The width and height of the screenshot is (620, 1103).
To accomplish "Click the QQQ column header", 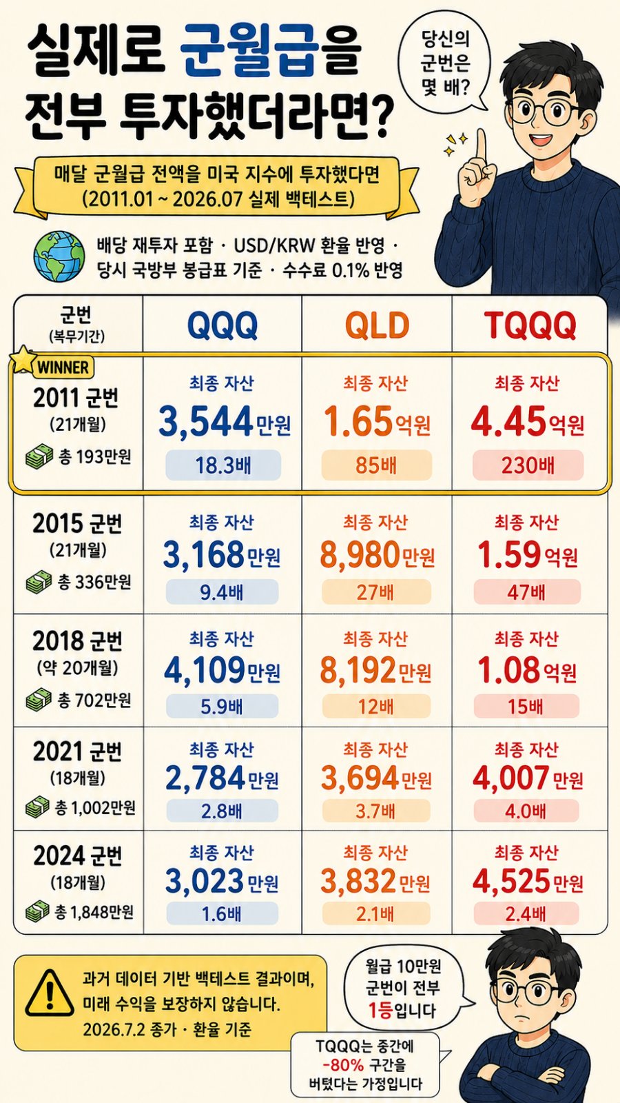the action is click(223, 325).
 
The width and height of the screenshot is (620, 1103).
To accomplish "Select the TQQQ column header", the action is click(530, 325).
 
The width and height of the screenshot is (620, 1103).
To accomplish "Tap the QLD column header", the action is click(377, 325).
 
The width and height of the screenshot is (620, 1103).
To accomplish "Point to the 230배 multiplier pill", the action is click(528, 465).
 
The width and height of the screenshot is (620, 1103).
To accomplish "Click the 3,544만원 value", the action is click(225, 422).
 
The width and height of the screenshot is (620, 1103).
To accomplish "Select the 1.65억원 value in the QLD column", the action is click(377, 422).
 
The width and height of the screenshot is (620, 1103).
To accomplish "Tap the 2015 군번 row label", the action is click(76, 523).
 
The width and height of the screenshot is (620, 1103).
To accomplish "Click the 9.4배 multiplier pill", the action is click(222, 592).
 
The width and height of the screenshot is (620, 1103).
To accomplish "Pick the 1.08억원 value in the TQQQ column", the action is click(527, 671).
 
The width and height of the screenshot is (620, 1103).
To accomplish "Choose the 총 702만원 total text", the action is click(94, 700).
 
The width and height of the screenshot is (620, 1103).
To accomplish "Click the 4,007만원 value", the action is click(528, 778).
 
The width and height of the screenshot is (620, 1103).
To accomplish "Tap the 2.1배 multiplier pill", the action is click(376, 914).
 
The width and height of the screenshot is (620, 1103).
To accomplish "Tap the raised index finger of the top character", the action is click(480, 145).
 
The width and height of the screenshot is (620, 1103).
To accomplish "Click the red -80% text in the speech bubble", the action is click(344, 1066).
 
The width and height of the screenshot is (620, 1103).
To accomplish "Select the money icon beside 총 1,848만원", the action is click(38, 911).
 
